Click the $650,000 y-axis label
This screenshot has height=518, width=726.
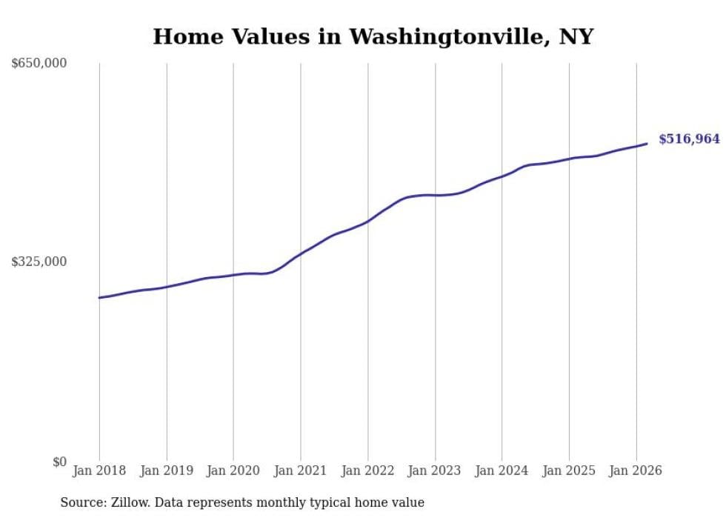(x=39, y=64)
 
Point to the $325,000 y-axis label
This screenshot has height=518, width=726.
(x=39, y=262)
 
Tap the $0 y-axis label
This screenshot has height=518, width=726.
(x=59, y=462)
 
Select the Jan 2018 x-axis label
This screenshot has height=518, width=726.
(x=99, y=471)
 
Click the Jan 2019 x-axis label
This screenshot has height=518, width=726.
(x=167, y=471)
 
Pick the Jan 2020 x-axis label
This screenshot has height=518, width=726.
(x=233, y=471)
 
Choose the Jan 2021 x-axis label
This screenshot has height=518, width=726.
(x=301, y=471)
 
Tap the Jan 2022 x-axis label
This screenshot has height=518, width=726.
(x=367, y=471)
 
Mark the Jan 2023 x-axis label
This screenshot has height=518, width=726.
(x=435, y=471)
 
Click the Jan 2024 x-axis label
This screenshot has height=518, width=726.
(x=502, y=471)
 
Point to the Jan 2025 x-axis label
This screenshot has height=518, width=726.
(x=569, y=471)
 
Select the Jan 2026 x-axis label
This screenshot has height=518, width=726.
(x=636, y=471)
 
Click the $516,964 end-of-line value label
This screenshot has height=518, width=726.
(x=689, y=139)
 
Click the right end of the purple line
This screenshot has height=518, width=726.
(x=647, y=144)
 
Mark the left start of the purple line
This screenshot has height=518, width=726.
(x=99, y=298)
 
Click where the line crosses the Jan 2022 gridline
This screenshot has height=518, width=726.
(x=367, y=222)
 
